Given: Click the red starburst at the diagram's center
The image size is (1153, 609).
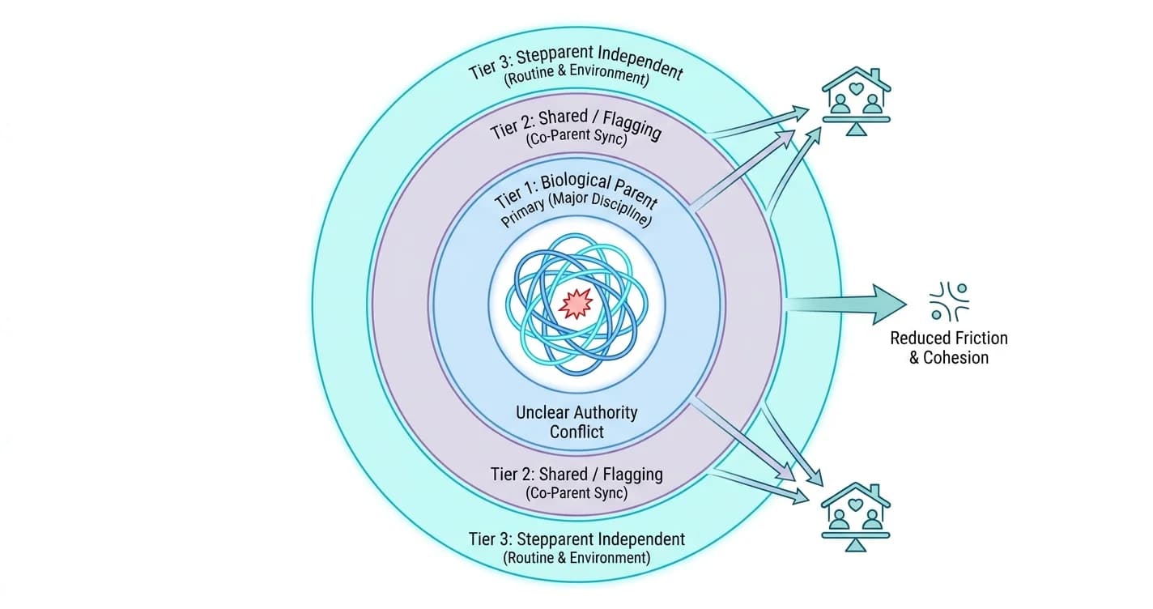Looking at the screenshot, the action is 576,304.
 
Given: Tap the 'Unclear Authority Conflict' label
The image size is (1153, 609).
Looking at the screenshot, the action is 576,422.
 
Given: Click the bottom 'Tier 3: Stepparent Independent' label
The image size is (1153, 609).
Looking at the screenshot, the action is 576,539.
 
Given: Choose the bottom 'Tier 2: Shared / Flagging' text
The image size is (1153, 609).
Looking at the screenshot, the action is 576,474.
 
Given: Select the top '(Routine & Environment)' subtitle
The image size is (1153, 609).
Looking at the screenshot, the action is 576,75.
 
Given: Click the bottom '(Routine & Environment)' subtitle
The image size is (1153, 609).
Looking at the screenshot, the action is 576,557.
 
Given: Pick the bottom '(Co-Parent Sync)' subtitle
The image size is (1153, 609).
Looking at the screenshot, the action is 576,492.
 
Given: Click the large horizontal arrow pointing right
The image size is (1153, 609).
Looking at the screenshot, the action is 845,304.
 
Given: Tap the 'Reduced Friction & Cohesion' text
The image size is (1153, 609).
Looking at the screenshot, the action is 949,347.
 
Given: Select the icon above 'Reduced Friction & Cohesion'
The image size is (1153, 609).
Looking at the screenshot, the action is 949,302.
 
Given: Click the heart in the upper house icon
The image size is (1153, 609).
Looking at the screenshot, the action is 856,88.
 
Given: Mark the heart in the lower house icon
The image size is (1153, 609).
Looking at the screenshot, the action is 856,505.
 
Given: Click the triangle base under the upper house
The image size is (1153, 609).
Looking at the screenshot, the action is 856,130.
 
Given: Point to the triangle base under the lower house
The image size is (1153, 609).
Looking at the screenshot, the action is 856,545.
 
